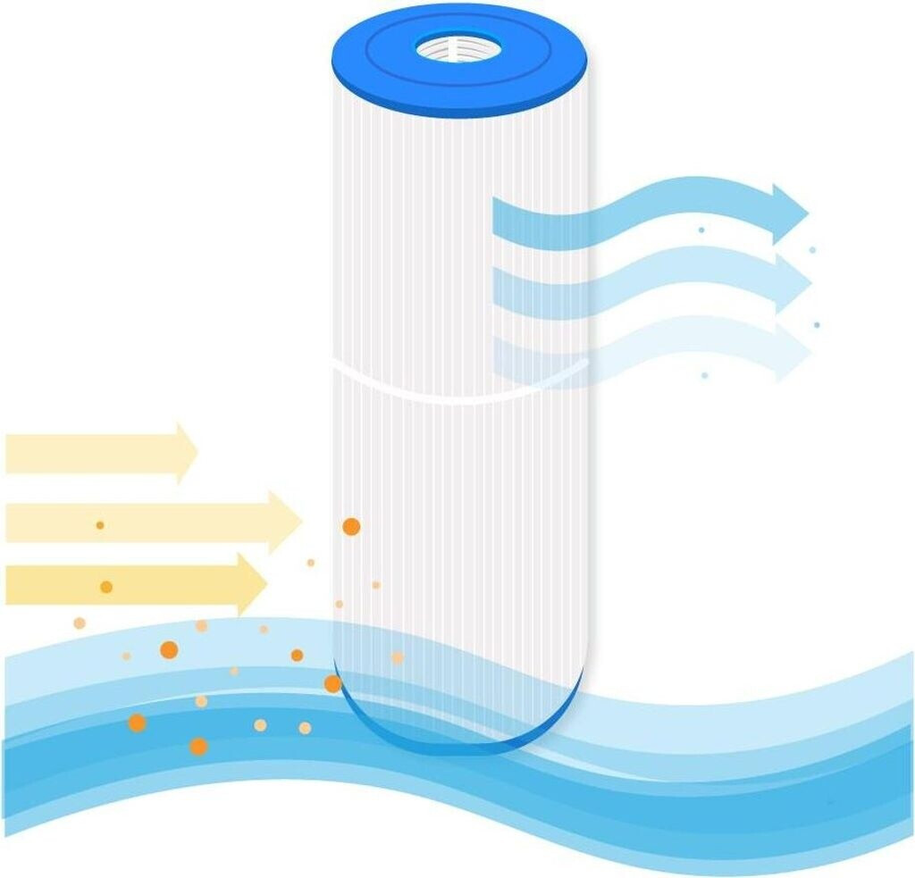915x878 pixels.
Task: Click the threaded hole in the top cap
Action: click(x=458, y=47)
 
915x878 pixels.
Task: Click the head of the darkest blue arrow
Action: click(x=789, y=213)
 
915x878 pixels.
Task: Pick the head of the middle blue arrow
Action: click(x=792, y=282)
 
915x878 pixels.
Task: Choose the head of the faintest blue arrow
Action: click(x=792, y=352)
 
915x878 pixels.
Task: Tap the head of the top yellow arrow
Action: click(x=185, y=453)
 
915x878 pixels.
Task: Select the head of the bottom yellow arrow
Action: click(x=251, y=583)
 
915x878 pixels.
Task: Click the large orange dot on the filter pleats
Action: click(x=351, y=527)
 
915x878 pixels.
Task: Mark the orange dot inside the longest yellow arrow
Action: click(x=100, y=525)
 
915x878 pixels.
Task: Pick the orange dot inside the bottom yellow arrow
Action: click(x=106, y=587)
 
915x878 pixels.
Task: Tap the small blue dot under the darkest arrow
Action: click(x=701, y=230)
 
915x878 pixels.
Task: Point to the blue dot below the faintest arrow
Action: click(x=704, y=375)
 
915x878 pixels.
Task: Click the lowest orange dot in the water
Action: click(x=198, y=746)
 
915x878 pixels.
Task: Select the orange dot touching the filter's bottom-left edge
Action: click(x=332, y=684)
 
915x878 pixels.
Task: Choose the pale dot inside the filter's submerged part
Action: click(x=397, y=657)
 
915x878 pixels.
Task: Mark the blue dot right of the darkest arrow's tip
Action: click(x=812, y=250)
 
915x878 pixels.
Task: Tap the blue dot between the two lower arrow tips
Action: click(x=816, y=325)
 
